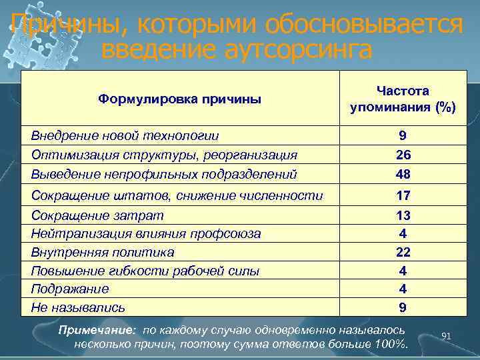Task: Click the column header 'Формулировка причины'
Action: pyautogui.click(x=179, y=99)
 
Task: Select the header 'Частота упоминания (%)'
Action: pyautogui.click(x=403, y=99)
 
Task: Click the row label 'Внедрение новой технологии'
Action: pyautogui.click(x=125, y=135)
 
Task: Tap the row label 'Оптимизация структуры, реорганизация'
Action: pyautogui.click(x=164, y=155)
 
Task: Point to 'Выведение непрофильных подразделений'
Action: pyautogui.click(x=164, y=174)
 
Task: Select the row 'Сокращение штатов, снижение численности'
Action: pyautogui.click(x=177, y=195)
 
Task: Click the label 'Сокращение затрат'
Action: pyautogui.click(x=97, y=215)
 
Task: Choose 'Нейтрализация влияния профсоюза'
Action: pyautogui.click(x=146, y=234)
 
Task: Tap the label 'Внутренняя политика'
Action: pyautogui.click(x=103, y=252)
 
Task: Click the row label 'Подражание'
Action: pyautogui.click(x=70, y=289)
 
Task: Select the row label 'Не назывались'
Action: pyautogui.click(x=78, y=307)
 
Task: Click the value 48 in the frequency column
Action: pyautogui.click(x=403, y=174)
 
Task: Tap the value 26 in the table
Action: pyautogui.click(x=403, y=155)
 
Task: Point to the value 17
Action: pyautogui.click(x=403, y=196)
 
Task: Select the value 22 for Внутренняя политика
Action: pyautogui.click(x=403, y=252)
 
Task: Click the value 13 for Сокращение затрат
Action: pyautogui.click(x=403, y=216)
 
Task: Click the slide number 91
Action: pyautogui.click(x=447, y=337)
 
